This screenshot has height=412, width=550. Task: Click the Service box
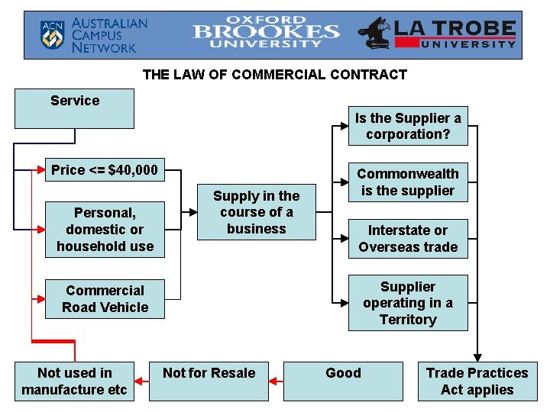pyautogui.click(x=74, y=108)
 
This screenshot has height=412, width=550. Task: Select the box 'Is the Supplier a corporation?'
pyautogui.click(x=408, y=126)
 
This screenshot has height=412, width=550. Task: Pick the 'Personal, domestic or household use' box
pyautogui.click(x=105, y=229)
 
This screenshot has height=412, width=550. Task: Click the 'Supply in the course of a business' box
pyautogui.click(x=256, y=211)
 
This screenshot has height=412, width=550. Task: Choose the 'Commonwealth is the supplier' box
pyautogui.click(x=408, y=182)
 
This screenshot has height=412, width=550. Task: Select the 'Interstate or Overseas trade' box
pyautogui.click(x=408, y=238)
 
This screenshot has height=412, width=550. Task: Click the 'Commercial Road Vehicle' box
pyautogui.click(x=105, y=298)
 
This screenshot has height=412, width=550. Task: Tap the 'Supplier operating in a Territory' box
pyautogui.click(x=408, y=303)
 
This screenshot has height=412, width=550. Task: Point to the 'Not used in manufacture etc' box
pyautogui.click(x=74, y=381)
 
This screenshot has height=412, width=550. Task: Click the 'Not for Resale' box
pyautogui.click(x=209, y=381)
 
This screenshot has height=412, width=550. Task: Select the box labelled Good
pyautogui.click(x=343, y=381)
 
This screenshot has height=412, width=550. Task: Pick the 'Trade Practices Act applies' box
pyautogui.click(x=477, y=381)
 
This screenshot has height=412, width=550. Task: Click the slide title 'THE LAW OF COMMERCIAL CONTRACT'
pyautogui.click(x=275, y=75)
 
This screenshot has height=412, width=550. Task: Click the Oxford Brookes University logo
pyautogui.click(x=266, y=33)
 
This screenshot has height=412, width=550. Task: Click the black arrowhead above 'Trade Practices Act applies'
pyautogui.click(x=477, y=356)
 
